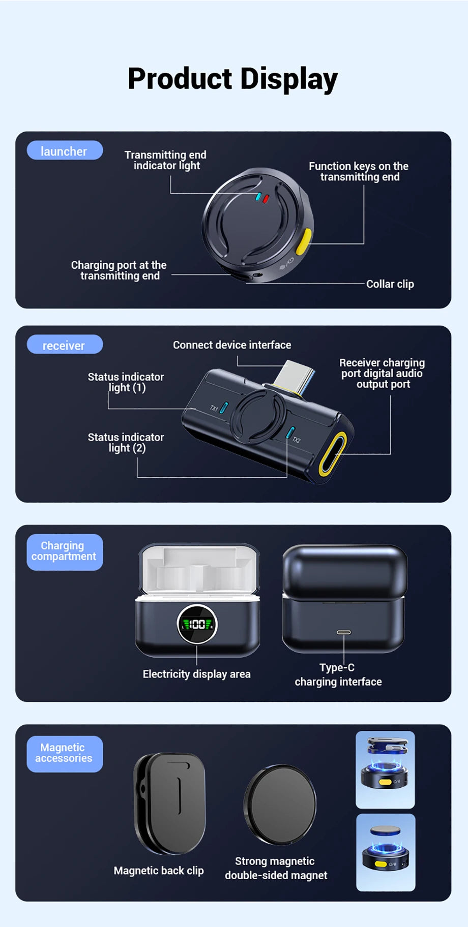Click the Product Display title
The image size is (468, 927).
(x=232, y=79)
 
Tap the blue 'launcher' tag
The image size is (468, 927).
(x=65, y=151)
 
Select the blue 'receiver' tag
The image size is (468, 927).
(x=65, y=345)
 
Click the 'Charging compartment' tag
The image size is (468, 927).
(x=65, y=551)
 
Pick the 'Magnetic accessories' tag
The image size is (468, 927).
(x=65, y=753)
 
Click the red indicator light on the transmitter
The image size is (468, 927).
(x=266, y=199)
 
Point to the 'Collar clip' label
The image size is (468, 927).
(x=390, y=284)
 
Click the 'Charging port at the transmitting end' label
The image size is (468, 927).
(x=119, y=270)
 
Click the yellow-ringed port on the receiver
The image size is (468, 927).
(x=333, y=454)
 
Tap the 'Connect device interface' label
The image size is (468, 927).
(x=232, y=345)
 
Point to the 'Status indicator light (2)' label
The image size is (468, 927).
(x=126, y=442)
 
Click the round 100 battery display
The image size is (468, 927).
(x=197, y=624)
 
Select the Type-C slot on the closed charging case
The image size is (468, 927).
(x=344, y=633)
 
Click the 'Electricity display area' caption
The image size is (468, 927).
(x=196, y=674)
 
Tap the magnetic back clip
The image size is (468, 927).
(x=170, y=803)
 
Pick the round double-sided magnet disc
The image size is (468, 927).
(x=280, y=805)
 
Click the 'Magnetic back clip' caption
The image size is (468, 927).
(x=159, y=871)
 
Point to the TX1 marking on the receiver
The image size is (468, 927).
(x=214, y=408)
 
